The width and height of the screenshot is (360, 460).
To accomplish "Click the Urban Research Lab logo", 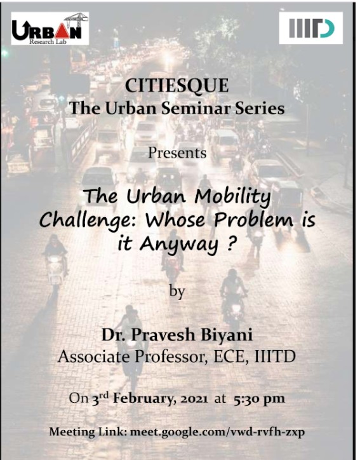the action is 50,29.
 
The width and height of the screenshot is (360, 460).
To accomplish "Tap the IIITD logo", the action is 311,28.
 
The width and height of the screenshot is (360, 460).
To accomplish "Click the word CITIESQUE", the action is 177,86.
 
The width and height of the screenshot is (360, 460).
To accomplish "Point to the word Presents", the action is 177,153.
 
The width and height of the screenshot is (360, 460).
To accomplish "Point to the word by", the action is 177,292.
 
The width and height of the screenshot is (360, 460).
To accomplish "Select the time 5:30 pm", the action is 260,399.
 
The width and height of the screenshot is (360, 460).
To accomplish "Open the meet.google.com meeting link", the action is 217,432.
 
